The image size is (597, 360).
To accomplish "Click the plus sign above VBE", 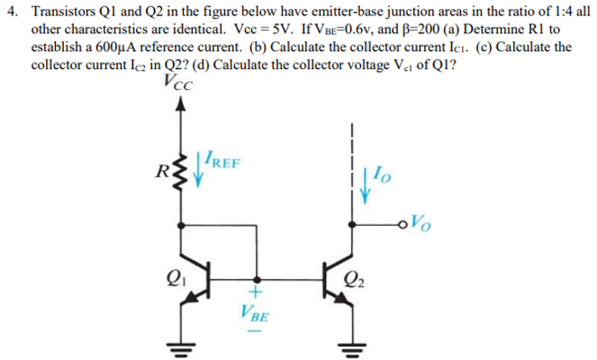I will [255, 292].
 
